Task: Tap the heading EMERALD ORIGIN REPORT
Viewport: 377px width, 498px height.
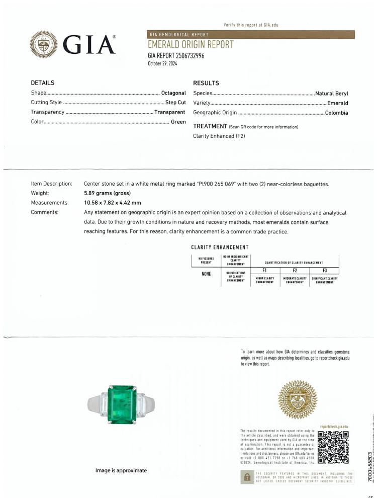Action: coord(191,45)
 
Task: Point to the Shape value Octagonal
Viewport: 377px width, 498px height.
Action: coord(173,93)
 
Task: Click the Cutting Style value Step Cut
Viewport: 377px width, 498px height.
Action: coord(175,103)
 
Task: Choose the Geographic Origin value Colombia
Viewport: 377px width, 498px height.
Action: coord(336,113)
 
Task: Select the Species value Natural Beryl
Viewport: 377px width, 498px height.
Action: coord(331,93)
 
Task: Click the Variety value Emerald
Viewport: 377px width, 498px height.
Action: coord(337,103)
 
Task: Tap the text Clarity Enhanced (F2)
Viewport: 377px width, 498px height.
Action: coord(219,136)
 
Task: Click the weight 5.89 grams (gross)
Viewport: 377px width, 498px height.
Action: coord(107,193)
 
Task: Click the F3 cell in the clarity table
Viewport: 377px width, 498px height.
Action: coord(324,270)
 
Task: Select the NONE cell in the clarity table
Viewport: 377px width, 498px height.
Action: coord(206,274)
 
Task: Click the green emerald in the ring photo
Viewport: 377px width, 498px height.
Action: coord(126,404)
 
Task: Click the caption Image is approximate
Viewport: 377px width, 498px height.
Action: coord(121,470)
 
